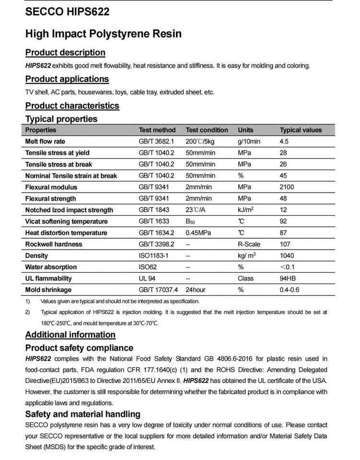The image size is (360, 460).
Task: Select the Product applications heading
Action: click(x=67, y=79)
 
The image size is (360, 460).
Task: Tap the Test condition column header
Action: click(x=207, y=130)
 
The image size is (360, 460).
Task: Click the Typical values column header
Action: click(x=301, y=130)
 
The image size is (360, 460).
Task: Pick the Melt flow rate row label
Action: click(x=45, y=141)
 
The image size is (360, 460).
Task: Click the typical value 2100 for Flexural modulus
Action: click(x=287, y=187)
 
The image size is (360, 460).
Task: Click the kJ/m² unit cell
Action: click(x=245, y=210)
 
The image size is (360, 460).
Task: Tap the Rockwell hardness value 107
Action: click(x=285, y=244)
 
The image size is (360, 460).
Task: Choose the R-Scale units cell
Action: click(x=249, y=244)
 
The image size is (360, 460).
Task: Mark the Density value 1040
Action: click(x=287, y=255)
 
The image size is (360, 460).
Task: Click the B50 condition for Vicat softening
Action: click(x=191, y=221)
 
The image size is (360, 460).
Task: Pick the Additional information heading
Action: click(x=70, y=334)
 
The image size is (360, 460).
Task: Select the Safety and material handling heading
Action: click(x=83, y=414)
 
